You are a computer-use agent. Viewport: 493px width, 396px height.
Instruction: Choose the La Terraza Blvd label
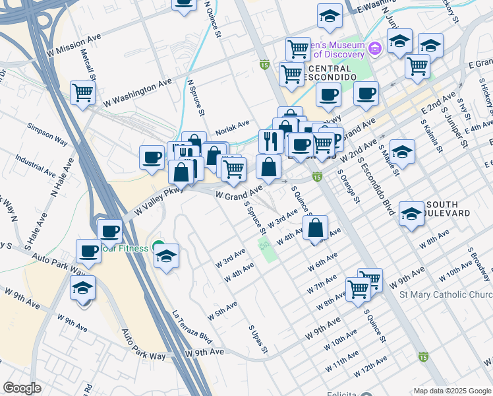(x=192, y=327)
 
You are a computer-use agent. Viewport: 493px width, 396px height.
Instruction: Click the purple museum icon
(x=374, y=48)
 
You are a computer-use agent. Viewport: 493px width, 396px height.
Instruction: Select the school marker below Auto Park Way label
(x=84, y=288)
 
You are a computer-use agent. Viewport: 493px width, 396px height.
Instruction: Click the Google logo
(x=22, y=388)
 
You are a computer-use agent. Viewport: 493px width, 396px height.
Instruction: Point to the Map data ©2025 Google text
(x=452, y=390)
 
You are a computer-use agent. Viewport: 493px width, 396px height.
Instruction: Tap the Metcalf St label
(x=88, y=63)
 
